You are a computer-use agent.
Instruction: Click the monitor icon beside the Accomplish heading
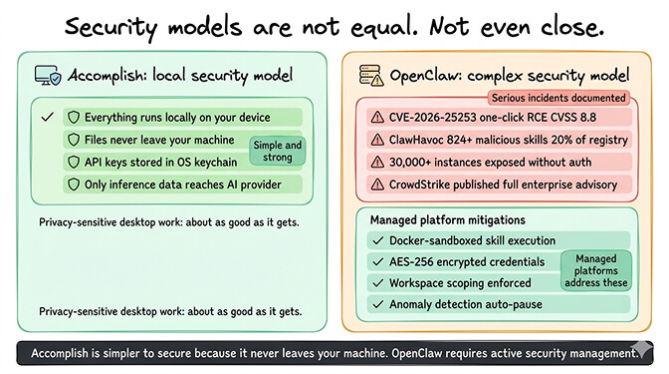coord(49,75)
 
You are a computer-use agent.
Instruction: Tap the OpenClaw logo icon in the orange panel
coord(366,75)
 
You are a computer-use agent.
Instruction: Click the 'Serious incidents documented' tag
coord(559,98)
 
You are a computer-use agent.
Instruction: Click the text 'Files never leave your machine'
coord(159,140)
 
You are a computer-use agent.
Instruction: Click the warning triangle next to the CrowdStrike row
coord(376,185)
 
